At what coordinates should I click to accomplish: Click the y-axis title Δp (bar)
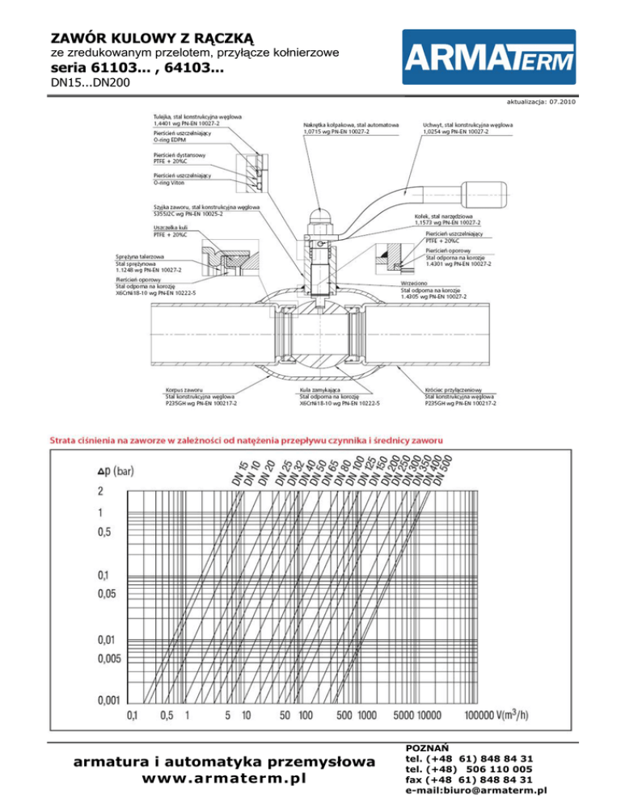coord(116,471)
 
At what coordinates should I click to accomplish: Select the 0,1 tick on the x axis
coord(132,715)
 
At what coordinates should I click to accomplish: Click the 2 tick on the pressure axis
coord(101,491)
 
